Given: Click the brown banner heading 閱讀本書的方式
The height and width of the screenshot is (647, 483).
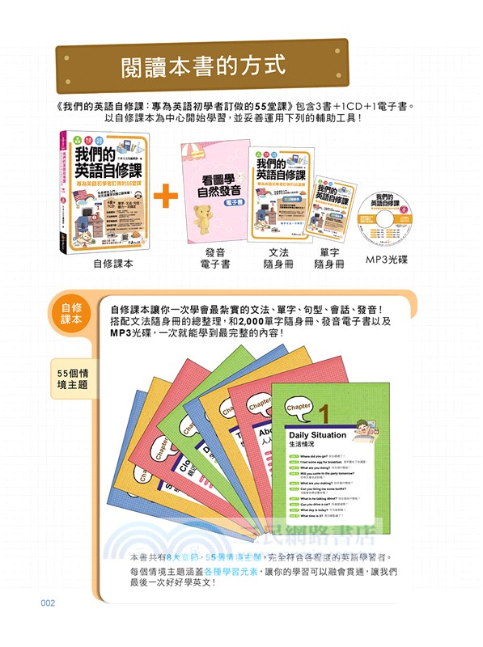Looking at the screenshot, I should coord(202,63).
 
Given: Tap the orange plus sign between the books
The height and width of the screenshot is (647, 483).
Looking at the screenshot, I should coord(164,195).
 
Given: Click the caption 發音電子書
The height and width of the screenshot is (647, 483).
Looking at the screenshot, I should coord(218,259).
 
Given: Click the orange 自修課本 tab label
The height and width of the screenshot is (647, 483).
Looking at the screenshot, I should coord(71,314).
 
